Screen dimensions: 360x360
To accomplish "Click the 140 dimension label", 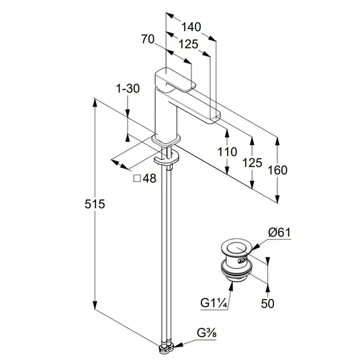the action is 191,27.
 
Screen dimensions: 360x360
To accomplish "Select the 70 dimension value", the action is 148,39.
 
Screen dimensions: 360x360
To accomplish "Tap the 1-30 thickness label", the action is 128,89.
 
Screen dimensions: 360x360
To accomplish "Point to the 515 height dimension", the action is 95,204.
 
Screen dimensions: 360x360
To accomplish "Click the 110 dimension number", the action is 227,152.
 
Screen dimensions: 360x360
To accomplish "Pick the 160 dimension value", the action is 277,170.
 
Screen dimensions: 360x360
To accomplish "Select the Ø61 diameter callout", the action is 279,232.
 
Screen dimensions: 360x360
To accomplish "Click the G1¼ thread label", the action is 214,303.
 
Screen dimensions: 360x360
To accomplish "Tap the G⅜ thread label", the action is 206,333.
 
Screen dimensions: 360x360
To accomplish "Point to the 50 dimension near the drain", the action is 267,304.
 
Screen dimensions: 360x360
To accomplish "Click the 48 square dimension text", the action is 150,178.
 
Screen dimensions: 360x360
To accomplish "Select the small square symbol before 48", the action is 137,179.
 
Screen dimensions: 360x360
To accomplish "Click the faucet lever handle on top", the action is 175,80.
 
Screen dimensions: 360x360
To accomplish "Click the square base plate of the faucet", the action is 166,140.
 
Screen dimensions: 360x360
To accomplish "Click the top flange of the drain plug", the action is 236,247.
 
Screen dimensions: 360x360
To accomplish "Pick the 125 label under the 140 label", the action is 188,44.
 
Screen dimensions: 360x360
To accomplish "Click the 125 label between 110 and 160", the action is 252,163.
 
